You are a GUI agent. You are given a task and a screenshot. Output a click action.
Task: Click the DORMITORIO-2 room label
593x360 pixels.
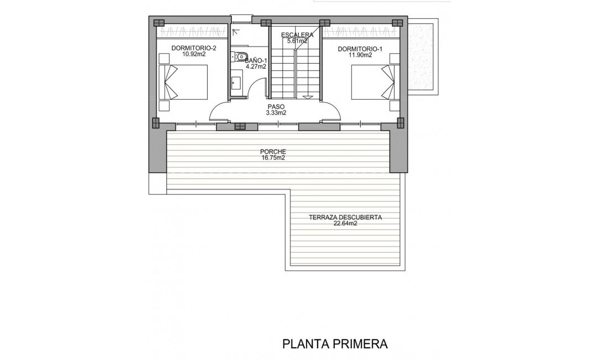[x=193, y=48]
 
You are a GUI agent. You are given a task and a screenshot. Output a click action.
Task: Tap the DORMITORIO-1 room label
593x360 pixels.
[x=360, y=48]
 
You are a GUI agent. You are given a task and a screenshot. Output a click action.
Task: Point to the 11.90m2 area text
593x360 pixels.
[x=360, y=55]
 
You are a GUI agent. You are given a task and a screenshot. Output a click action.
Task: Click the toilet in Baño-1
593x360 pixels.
[x=241, y=56]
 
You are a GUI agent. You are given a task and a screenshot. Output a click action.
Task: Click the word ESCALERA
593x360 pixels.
[x=297, y=35]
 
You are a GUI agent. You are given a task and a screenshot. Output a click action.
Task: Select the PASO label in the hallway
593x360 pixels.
[x=276, y=106]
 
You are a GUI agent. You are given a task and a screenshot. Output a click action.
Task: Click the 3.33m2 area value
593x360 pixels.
[x=276, y=113]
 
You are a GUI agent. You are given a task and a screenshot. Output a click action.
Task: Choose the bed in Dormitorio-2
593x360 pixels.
[x=183, y=83]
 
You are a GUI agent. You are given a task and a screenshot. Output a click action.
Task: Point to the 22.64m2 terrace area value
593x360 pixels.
[x=345, y=224]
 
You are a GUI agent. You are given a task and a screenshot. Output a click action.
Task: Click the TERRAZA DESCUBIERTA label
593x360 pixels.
[x=345, y=217]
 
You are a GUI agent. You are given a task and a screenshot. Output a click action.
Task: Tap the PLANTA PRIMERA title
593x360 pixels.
[x=335, y=344]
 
